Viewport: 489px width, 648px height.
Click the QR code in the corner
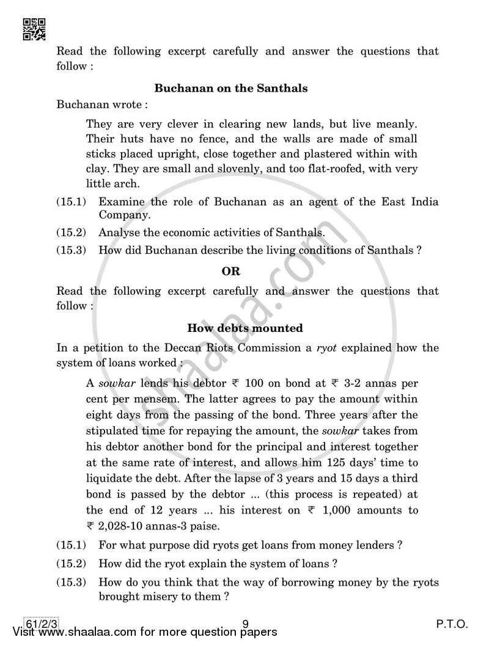tap(34, 29)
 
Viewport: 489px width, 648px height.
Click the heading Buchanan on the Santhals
tap(230, 88)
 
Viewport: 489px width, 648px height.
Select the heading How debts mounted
tap(244, 328)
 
